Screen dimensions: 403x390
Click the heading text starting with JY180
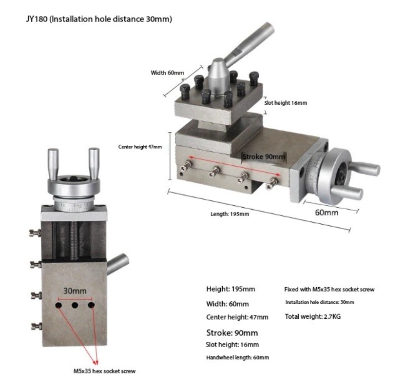(99, 19)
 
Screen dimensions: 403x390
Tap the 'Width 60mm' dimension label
(167, 73)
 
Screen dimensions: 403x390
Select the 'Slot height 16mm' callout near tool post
(286, 103)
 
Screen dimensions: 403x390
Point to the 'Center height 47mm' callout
(140, 147)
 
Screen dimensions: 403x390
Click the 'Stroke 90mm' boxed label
(264, 157)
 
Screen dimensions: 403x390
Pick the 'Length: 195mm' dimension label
(230, 214)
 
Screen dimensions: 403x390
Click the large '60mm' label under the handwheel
(326, 213)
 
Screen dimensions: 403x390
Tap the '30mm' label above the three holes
(75, 291)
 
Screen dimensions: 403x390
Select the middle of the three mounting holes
(75, 305)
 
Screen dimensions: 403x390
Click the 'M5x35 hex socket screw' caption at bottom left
(104, 371)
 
